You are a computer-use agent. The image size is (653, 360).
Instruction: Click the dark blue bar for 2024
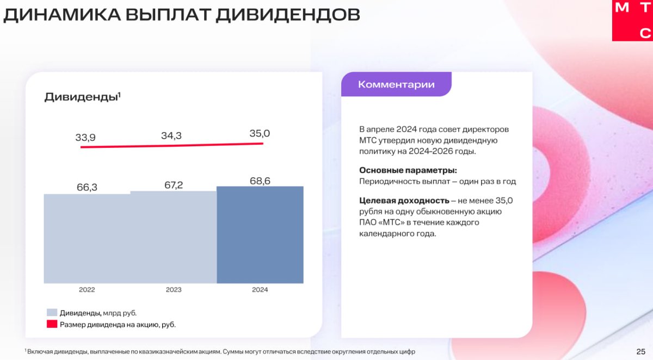260,235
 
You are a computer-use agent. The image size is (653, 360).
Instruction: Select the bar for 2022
87,239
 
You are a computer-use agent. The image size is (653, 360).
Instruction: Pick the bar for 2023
174,237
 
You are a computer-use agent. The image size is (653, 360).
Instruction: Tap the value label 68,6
260,181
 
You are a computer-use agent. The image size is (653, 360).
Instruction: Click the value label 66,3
87,187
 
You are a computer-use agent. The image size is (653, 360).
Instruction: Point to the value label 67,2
174,185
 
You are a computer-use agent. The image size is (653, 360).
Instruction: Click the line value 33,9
85,137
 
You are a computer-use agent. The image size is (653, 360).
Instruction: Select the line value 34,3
171,135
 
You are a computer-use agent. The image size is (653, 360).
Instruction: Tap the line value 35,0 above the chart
260,133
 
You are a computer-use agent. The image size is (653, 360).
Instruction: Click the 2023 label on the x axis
174,290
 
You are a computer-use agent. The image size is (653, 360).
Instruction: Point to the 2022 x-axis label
87,290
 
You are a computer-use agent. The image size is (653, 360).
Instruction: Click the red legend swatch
52,324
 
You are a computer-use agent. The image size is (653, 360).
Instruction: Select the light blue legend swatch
52,313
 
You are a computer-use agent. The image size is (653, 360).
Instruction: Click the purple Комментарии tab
396,84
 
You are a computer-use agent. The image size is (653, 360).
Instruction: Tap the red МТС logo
632,20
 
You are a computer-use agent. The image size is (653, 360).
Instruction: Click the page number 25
641,352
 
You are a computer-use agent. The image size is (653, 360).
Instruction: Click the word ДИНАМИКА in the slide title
62,15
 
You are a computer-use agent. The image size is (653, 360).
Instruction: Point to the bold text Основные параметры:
408,170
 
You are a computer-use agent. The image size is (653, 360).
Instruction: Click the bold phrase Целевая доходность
404,201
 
